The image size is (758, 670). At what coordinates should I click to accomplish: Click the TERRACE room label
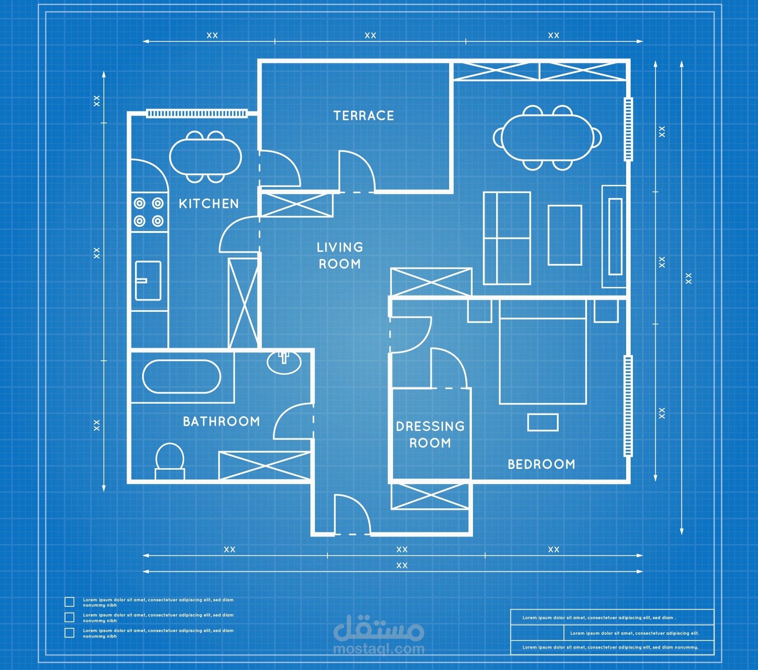pyautogui.click(x=363, y=116)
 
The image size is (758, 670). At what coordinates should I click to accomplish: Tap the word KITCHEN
pyautogui.click(x=209, y=204)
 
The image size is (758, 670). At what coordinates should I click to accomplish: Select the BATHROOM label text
pyautogui.click(x=221, y=421)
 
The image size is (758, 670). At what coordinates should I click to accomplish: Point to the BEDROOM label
pyautogui.click(x=541, y=464)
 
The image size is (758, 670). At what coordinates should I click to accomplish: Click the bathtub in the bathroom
pyautogui.click(x=182, y=376)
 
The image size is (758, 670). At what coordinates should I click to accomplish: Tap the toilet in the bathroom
pyautogui.click(x=170, y=461)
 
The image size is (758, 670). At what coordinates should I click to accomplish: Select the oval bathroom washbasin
pyautogui.click(x=284, y=362)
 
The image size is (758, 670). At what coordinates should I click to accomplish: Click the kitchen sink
pyautogui.click(x=148, y=280)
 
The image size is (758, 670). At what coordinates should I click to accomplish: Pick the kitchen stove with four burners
pyautogui.click(x=149, y=212)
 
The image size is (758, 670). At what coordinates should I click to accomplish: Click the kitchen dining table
pyautogui.click(x=205, y=157)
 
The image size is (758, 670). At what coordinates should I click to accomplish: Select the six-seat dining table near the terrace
pyautogui.click(x=547, y=138)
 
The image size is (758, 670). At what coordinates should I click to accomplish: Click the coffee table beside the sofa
pyautogui.click(x=565, y=235)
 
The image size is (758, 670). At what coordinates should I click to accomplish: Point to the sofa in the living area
pyautogui.click(x=507, y=238)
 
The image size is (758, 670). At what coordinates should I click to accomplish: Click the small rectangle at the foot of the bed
pyautogui.click(x=543, y=422)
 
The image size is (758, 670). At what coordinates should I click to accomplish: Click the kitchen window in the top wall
pyautogui.click(x=197, y=113)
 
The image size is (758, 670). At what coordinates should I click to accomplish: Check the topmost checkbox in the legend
pyautogui.click(x=69, y=602)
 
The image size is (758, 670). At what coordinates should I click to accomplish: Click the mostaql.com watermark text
pyautogui.click(x=379, y=649)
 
